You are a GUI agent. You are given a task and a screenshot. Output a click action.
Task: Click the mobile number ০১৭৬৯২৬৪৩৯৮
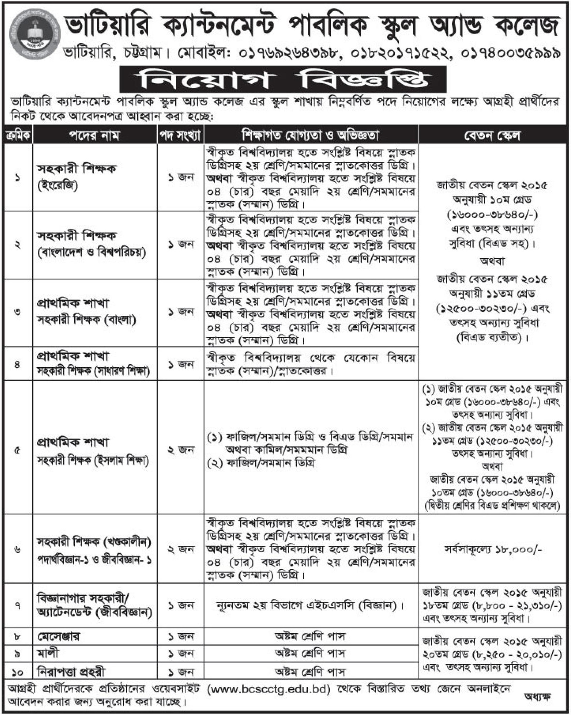290,53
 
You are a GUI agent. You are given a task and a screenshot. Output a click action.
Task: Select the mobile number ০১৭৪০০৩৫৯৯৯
510,53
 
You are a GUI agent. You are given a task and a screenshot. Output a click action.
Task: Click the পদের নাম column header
95,136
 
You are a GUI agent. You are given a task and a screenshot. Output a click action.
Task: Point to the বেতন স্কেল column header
493,136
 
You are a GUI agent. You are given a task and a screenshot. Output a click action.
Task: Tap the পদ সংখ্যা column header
180,136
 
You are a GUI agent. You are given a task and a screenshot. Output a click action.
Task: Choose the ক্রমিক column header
18,136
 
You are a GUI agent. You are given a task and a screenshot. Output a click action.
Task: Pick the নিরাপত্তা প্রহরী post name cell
71,672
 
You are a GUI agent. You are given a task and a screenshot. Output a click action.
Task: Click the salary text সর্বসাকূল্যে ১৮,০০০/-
493,550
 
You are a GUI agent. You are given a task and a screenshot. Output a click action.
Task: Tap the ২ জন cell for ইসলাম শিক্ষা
180,450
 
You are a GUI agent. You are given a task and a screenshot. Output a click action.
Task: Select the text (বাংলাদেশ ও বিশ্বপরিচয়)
92,253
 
